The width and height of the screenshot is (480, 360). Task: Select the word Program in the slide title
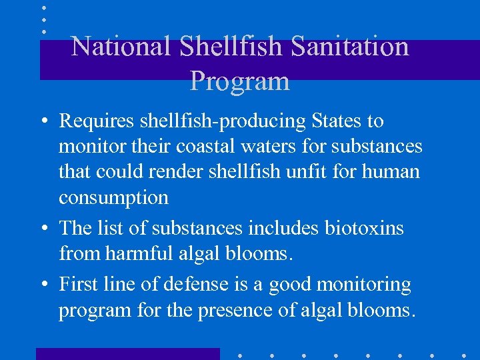coord(240,81)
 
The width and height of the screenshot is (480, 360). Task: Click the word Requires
coord(91,121)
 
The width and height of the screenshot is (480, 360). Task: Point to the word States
coord(335,121)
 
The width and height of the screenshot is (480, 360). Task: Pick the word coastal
coord(223,146)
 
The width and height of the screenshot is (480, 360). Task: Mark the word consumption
coord(113,198)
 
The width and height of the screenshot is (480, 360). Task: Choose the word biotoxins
coord(364,228)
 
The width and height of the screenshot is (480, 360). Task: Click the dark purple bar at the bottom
coord(127,353)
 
